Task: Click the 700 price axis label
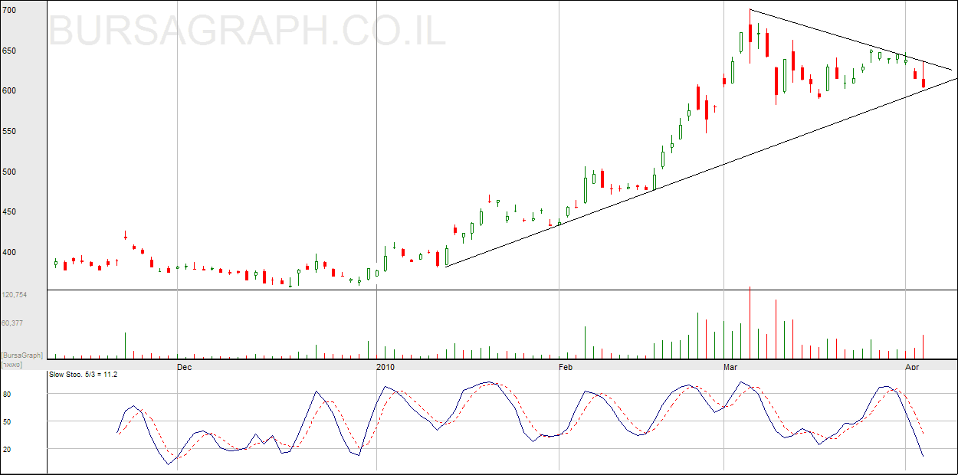coord(10,11)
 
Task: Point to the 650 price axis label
coord(10,51)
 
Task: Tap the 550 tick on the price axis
coord(10,132)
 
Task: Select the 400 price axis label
coord(10,252)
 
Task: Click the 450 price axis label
coord(10,212)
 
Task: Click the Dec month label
coord(184,368)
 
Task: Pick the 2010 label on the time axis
coord(385,368)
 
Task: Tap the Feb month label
coord(566,368)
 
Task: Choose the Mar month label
coord(731,368)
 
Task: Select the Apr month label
coord(912,368)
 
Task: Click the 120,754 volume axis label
coord(15,295)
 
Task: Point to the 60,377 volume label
coord(13,323)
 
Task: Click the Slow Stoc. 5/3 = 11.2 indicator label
coord(83,375)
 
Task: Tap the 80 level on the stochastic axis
coord(7,395)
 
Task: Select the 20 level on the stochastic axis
coord(7,450)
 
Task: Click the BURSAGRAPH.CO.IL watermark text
coord(248,31)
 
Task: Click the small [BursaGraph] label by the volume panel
coord(21,355)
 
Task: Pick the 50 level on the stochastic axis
coord(7,422)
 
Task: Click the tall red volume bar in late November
coord(125,346)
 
